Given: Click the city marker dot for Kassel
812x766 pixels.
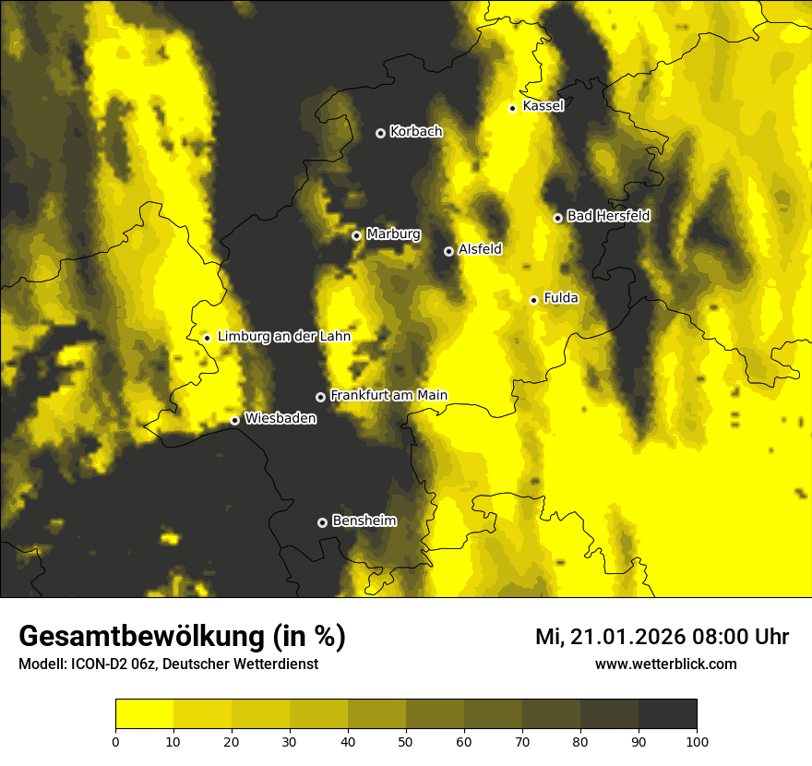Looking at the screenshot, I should point(512,108).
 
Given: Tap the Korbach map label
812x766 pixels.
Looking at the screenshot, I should point(416,132).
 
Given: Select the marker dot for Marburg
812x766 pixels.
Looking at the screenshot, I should point(356,235).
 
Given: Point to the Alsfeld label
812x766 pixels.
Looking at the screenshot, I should point(480,249).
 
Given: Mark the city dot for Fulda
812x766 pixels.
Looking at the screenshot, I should point(533,300).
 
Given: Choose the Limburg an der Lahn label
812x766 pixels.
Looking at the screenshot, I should point(283,337).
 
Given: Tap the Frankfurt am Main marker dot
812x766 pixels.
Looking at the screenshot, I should point(321,397).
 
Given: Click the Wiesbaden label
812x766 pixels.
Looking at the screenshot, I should point(281,419).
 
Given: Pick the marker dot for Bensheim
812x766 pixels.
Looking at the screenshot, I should point(322,522).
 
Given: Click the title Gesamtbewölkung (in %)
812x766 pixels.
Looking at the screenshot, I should point(182,637).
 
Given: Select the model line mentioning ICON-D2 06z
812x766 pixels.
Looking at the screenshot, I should point(168,664).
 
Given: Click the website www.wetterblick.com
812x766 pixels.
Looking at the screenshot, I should point(665,664).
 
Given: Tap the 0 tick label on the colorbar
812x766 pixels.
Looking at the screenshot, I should point(115,741).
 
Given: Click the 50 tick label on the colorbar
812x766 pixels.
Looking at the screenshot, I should point(406,741).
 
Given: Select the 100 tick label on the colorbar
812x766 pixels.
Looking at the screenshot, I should point(697,741).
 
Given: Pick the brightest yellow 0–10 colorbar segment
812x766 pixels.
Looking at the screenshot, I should point(144,714).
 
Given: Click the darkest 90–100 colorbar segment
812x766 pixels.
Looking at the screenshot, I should point(667,714).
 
